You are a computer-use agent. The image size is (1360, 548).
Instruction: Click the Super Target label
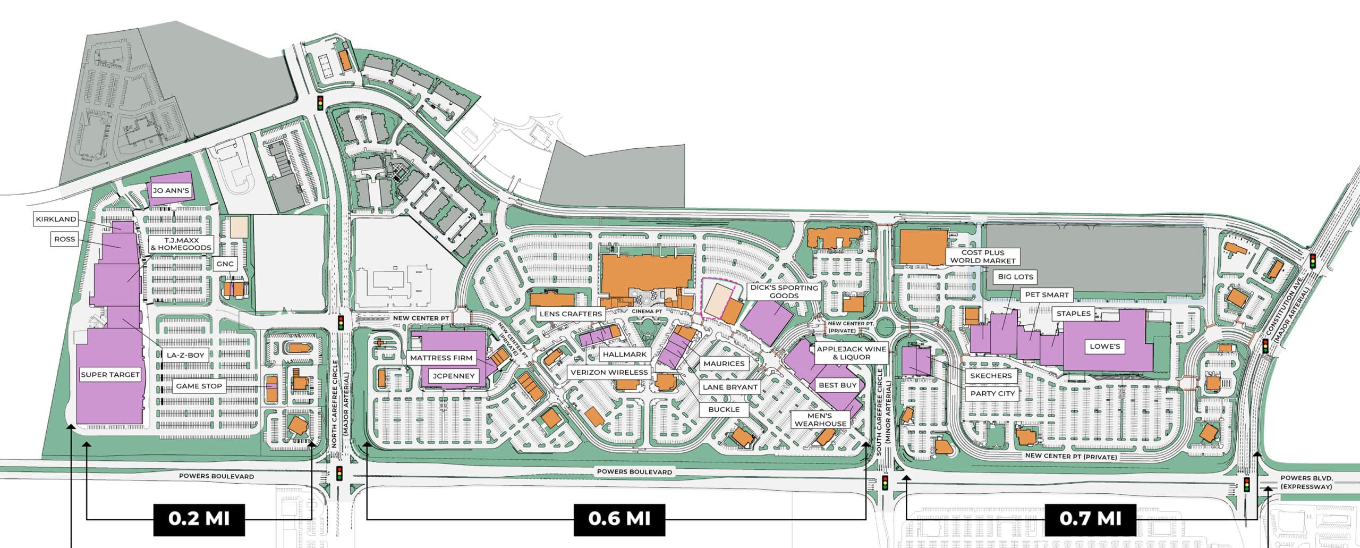[x=110, y=375]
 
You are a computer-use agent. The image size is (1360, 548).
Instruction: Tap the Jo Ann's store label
[x=171, y=190]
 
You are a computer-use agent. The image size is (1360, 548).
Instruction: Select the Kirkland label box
[x=56, y=219]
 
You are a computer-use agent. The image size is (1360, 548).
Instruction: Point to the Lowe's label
[x=1105, y=347]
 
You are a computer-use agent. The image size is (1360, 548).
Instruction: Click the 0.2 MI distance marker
[x=199, y=519]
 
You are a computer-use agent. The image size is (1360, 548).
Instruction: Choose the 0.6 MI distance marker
[x=619, y=519]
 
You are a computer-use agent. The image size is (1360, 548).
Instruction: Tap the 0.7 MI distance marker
[x=1090, y=519]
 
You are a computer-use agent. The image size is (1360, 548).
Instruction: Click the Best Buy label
[x=837, y=385]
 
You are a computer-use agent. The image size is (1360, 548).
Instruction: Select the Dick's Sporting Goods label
[x=784, y=291]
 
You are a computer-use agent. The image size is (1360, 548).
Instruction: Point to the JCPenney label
[x=453, y=376]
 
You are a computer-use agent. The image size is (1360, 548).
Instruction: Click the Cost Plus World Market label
[x=982, y=257]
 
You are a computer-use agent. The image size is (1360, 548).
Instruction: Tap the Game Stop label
[x=199, y=386]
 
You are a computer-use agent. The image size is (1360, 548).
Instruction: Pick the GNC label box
[x=225, y=264]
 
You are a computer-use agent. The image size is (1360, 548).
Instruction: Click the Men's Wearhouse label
[x=820, y=419]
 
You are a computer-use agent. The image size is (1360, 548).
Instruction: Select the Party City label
[x=992, y=394]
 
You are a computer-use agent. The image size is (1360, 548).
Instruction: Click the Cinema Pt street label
[x=647, y=311]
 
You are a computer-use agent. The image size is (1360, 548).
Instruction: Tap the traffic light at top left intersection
[x=320, y=103]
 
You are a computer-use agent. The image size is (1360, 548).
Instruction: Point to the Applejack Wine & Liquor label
[x=851, y=353]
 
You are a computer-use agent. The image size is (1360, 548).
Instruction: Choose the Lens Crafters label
[x=571, y=314]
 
